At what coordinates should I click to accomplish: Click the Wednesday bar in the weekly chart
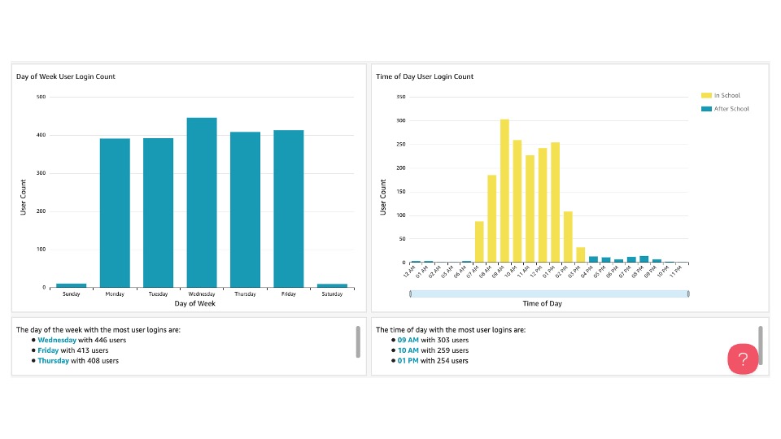click(202, 202)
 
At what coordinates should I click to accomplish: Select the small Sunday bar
click(72, 285)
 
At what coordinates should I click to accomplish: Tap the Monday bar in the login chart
click(115, 213)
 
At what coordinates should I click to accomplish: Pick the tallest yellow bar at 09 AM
click(504, 191)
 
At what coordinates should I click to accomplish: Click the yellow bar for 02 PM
click(568, 237)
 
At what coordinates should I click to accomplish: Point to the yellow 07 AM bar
click(479, 241)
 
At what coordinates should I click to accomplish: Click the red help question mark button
click(743, 359)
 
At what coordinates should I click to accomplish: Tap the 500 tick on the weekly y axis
click(41, 97)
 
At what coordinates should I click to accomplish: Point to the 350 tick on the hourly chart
click(400, 97)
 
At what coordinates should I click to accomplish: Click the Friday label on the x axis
click(288, 293)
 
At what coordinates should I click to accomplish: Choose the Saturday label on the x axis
click(332, 293)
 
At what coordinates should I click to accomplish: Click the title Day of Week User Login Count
click(66, 76)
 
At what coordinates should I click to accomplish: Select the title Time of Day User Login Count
click(425, 76)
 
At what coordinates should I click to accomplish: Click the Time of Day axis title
click(542, 303)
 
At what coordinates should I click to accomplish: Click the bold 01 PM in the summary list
click(408, 360)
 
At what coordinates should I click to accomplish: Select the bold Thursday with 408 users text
click(54, 360)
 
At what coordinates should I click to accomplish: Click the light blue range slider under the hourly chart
click(549, 293)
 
